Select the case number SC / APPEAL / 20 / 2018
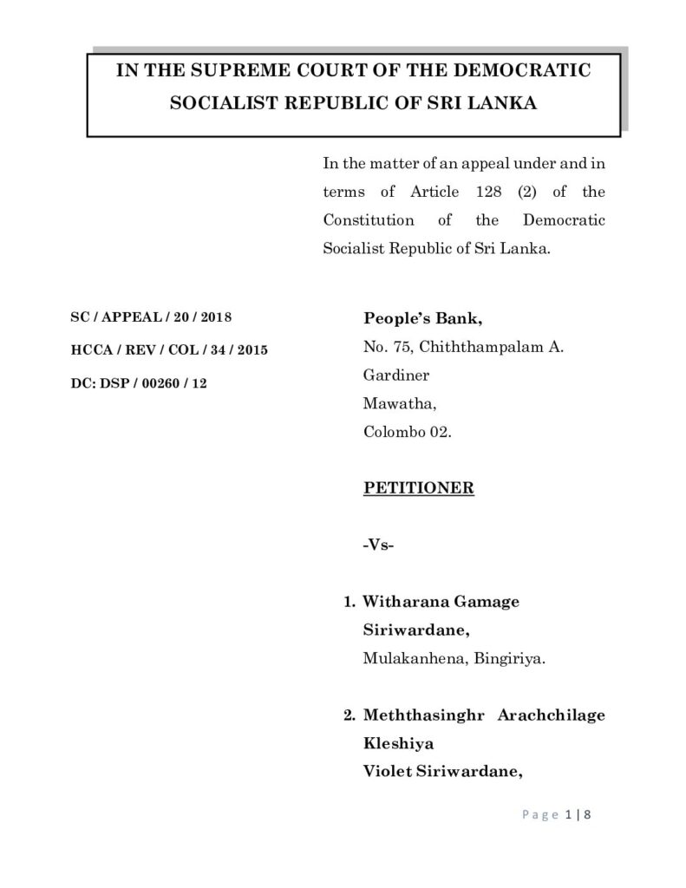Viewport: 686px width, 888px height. pyautogui.click(x=151, y=319)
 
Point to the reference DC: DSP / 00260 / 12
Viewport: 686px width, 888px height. pyautogui.click(x=139, y=382)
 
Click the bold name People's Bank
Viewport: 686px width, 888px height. pyautogui.click(x=415, y=318)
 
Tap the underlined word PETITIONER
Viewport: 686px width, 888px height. pyautogui.click(x=418, y=487)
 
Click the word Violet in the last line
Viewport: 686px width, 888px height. pyautogui.click(x=385, y=772)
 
